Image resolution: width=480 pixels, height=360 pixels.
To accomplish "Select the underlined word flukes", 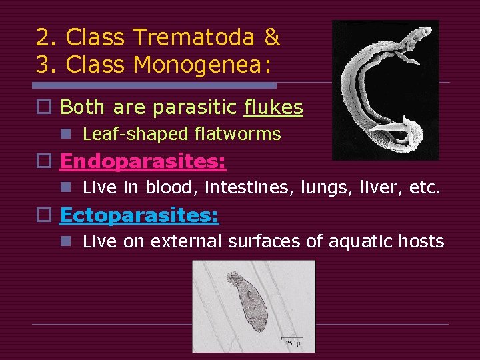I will (x=273, y=107).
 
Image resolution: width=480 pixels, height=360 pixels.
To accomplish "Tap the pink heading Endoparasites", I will (x=143, y=161).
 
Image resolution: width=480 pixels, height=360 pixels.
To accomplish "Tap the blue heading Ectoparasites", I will (x=139, y=215).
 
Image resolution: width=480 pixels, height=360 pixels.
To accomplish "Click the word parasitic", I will (x=197, y=107).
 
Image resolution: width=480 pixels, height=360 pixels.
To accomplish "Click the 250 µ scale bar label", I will (x=292, y=343).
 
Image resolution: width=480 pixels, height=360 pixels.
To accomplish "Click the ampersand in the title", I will (x=271, y=37).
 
